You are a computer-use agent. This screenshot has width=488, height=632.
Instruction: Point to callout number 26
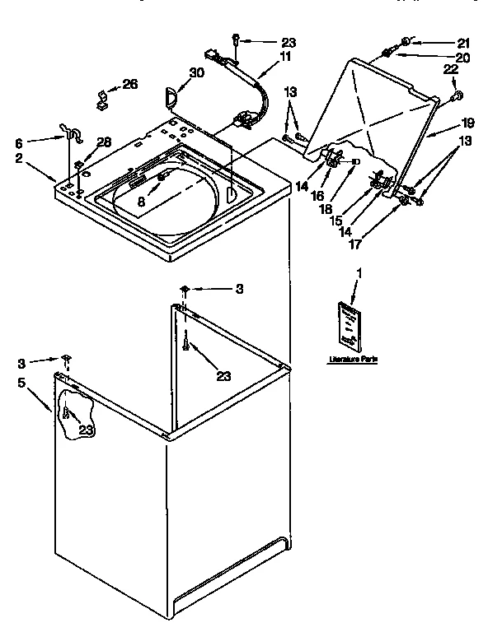[130, 84]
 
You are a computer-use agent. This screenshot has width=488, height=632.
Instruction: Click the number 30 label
[195, 72]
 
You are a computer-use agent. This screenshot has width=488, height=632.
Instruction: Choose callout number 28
[103, 144]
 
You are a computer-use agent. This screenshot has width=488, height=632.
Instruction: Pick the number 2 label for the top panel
[18, 159]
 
